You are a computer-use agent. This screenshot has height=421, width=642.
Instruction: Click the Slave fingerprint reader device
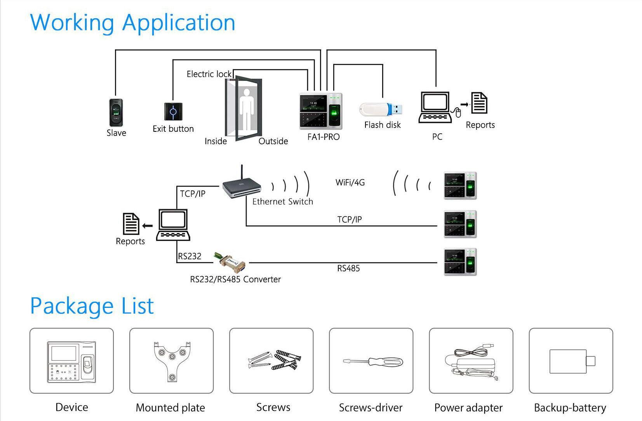pyautogui.click(x=116, y=113)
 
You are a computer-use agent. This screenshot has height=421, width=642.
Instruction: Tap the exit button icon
pyautogui.click(x=173, y=112)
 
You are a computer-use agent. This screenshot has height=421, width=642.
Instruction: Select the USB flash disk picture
pyautogui.click(x=381, y=109)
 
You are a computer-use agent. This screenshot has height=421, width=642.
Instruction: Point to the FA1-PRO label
pyautogui.click(x=323, y=137)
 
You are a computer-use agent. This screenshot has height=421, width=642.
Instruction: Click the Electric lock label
pyautogui.click(x=209, y=74)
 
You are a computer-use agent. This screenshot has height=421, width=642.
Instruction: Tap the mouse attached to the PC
pyautogui.click(x=458, y=113)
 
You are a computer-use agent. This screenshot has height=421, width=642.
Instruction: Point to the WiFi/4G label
pyautogui.click(x=350, y=182)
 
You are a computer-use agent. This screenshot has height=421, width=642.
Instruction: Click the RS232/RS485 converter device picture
pyautogui.click(x=229, y=261)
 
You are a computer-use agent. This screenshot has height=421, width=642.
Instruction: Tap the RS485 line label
pyautogui.click(x=348, y=269)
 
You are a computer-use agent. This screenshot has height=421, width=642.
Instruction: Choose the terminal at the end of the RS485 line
pyautogui.click(x=460, y=262)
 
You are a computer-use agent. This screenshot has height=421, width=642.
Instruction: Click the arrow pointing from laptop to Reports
pyautogui.click(x=147, y=226)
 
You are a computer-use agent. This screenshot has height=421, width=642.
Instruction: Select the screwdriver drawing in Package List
pyautogui.click(x=373, y=362)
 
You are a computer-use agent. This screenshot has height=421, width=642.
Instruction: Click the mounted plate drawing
pyautogui.click(x=172, y=362)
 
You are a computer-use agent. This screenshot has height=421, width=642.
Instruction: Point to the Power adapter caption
pyautogui.click(x=468, y=407)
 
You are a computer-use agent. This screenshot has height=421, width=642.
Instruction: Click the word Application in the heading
pyautogui.click(x=179, y=23)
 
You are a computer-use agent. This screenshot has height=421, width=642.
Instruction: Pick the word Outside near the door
pyautogui.click(x=273, y=141)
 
